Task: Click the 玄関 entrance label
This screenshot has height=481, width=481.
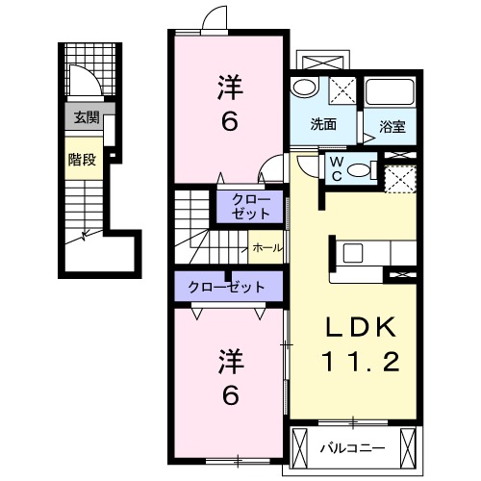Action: pyautogui.click(x=87, y=117)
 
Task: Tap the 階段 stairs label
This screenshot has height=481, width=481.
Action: pyautogui.click(x=82, y=160)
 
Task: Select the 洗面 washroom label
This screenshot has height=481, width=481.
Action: pyautogui.click(x=323, y=124)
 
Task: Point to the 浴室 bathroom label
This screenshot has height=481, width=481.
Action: pyautogui.click(x=392, y=127)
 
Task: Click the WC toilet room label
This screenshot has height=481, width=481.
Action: pyautogui.click(x=337, y=169)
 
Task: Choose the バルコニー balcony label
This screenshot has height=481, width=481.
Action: pyautogui.click(x=353, y=448)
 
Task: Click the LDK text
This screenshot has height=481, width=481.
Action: pyautogui.click(x=360, y=327)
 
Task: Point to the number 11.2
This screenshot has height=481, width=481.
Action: pyautogui.click(x=361, y=362)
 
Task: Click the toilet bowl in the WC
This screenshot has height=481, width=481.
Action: pyautogui.click(x=358, y=170)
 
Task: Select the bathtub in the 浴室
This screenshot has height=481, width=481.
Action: pyautogui.click(x=390, y=91)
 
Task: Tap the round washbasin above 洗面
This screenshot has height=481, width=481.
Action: pyautogui.click(x=304, y=87)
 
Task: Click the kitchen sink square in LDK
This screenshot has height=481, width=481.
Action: pyautogui.click(x=353, y=253)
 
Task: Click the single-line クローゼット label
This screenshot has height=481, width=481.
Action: pyautogui.click(x=226, y=287)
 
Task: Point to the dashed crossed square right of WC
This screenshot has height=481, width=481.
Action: pyautogui.click(x=400, y=179)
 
